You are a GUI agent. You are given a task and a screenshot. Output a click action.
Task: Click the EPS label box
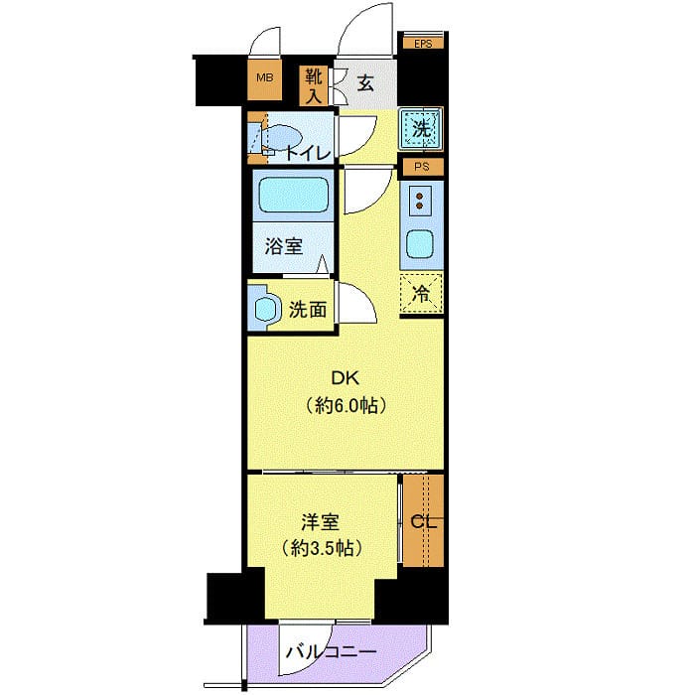423,44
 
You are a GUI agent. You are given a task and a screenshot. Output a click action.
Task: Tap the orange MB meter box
265,79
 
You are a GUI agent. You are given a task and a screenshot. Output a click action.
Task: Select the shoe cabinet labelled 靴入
314,86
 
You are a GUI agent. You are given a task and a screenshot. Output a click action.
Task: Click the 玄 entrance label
365,82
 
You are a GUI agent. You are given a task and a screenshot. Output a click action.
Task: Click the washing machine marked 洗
421,128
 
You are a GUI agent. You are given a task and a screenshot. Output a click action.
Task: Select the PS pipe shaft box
422,167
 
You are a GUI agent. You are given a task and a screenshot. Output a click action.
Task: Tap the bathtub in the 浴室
292,195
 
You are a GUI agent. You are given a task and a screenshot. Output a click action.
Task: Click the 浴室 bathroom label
284,246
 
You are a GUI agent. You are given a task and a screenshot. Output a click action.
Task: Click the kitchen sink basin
419,244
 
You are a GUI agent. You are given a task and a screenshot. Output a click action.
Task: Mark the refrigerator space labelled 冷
421,294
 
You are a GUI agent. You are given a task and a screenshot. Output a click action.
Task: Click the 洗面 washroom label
308,310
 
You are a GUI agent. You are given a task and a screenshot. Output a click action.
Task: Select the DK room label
346,378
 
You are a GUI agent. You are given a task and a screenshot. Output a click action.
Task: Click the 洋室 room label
320,522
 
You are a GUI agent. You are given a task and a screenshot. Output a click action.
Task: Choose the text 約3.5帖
322,549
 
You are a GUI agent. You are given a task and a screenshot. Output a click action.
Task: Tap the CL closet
423,521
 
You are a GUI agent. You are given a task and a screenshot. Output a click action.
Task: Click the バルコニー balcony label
331,652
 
